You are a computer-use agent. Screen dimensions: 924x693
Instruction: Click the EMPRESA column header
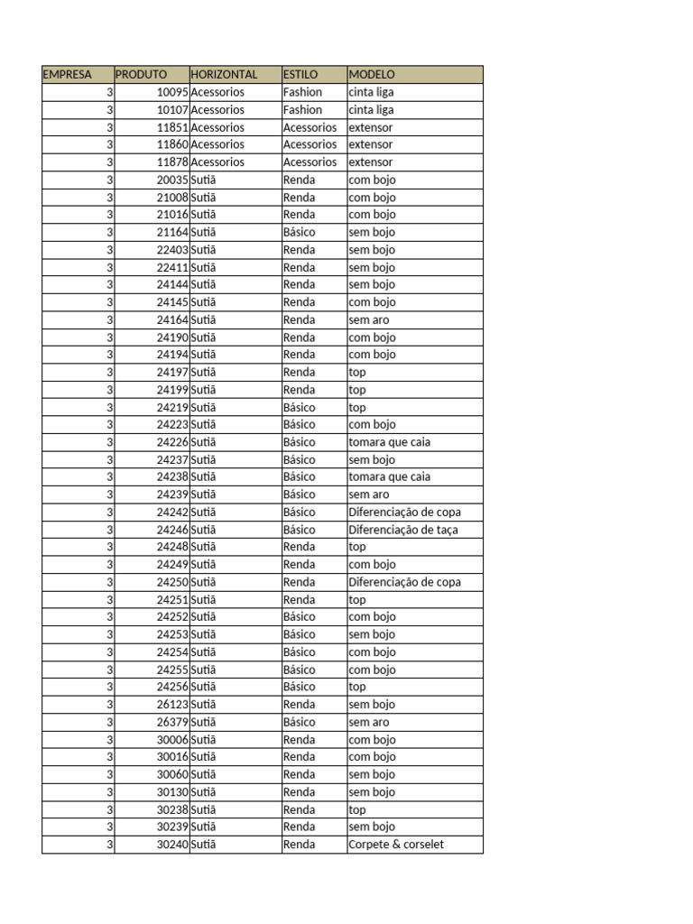pos(68,75)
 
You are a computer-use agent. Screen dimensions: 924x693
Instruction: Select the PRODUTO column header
pos(141,75)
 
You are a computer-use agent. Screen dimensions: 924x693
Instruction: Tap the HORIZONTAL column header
pos(224,75)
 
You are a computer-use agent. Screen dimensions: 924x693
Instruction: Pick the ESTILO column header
pos(300,75)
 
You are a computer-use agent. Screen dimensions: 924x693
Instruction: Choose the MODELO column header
pos(372,75)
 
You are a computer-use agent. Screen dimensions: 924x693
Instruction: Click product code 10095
pos(171,92)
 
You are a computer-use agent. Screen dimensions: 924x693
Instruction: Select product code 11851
pos(171,127)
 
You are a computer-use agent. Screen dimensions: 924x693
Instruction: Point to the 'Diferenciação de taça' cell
pos(403,530)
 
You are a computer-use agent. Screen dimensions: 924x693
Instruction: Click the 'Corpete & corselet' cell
pos(396,845)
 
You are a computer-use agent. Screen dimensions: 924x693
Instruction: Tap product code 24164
pos(171,319)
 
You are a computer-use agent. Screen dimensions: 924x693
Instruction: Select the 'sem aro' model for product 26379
pos(369,722)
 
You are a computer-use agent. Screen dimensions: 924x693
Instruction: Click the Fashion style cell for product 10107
pos(302,109)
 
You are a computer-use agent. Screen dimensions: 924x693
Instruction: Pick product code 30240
pos(171,845)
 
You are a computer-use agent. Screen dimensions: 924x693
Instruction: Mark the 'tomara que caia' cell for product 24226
pos(390,442)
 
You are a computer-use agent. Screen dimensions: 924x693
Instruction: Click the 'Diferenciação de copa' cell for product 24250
pos(404,582)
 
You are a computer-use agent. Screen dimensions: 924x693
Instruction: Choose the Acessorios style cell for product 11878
pos(310,162)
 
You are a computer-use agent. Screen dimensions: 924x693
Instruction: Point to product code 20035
pos(171,180)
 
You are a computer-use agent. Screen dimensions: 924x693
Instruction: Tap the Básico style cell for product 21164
pos(300,232)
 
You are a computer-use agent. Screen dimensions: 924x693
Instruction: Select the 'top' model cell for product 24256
pos(357,687)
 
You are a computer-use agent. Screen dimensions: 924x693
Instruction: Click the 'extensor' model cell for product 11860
pos(371,144)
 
